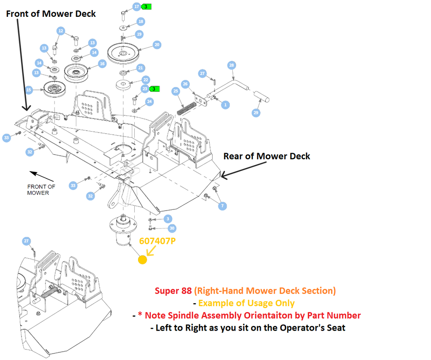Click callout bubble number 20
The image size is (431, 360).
click(x=157, y=45)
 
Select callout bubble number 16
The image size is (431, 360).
click(x=102, y=64)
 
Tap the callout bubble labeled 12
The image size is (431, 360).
click(x=61, y=30)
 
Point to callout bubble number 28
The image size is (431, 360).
click(x=231, y=65)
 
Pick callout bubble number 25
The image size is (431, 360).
click(x=176, y=91)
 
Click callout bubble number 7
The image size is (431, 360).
click(x=223, y=206)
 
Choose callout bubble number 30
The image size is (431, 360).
click(x=172, y=228)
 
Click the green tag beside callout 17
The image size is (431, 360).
click(x=146, y=7)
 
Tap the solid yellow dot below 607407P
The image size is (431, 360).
click(x=142, y=260)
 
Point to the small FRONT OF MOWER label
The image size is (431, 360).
click(x=41, y=190)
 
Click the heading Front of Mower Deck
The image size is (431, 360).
click(x=51, y=13)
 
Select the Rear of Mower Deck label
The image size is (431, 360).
click(x=266, y=156)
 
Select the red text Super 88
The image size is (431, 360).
click(x=173, y=291)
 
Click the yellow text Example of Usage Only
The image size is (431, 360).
click(x=246, y=303)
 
